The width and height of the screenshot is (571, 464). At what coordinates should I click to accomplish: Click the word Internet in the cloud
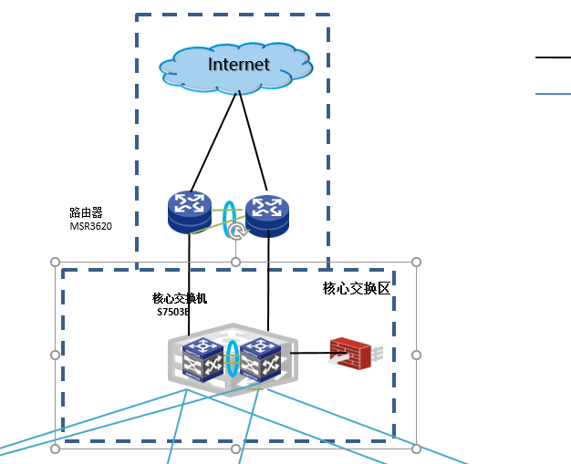point(239,64)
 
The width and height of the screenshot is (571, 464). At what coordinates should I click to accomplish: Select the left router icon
point(190,211)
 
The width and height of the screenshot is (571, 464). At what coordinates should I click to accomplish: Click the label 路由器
point(86,212)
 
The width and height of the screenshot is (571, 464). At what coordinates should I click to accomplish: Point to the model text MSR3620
point(91,226)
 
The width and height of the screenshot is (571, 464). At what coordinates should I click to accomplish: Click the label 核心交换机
point(180,298)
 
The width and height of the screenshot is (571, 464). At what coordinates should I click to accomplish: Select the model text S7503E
point(173,312)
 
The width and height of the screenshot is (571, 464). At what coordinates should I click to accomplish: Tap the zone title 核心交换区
point(356,288)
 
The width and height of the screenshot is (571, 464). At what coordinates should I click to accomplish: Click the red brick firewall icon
point(350,353)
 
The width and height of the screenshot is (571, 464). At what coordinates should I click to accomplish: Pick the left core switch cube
point(202,357)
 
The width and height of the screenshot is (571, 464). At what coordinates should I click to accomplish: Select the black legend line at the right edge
point(553,57)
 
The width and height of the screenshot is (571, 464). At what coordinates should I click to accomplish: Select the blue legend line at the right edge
point(553,93)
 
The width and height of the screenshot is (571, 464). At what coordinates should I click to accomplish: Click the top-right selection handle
point(416,262)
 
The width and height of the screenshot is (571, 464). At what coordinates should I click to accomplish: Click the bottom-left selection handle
point(55,449)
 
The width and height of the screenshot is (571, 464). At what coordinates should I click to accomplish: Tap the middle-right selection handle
point(416,355)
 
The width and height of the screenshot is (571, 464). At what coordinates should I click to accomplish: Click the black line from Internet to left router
point(215,141)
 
